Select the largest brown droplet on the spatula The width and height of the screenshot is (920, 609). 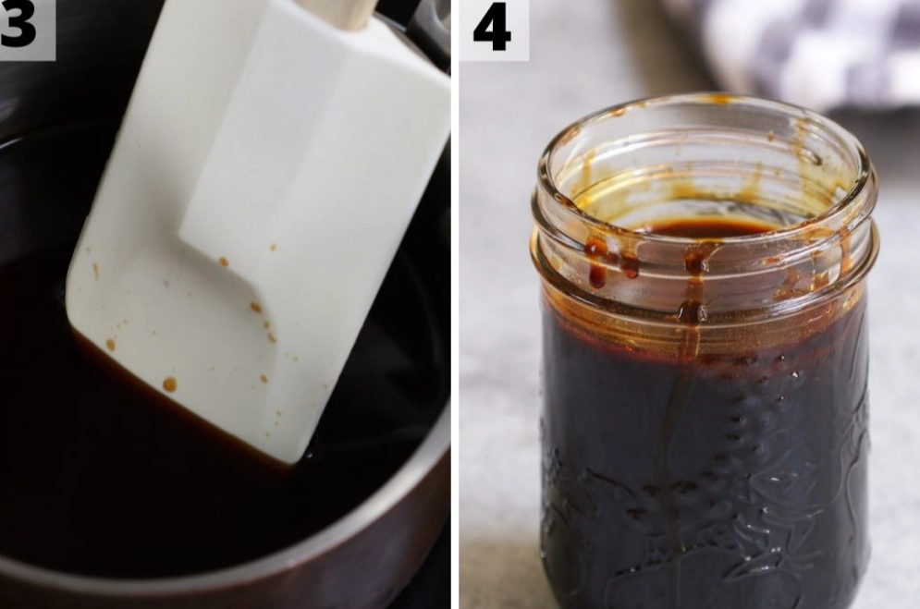[169, 384]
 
